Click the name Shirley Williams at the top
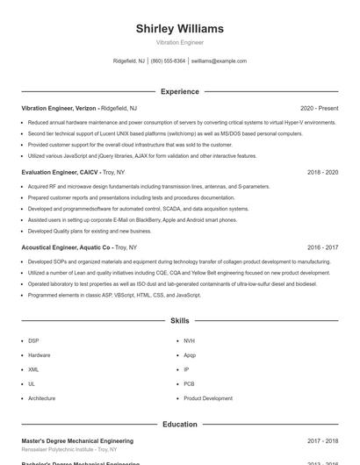[180, 28]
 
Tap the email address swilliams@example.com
[219, 61]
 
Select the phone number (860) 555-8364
[168, 61]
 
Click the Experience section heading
[180, 91]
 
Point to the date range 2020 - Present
[319, 108]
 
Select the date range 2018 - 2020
[322, 173]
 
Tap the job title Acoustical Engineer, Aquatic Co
[66, 247]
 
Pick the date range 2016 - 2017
[322, 247]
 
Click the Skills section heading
[180, 322]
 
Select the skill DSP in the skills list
[33, 340]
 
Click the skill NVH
[190, 340]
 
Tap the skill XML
[33, 369]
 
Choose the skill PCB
[189, 383]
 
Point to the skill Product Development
[208, 398]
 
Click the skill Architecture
[41, 398]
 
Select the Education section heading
[180, 425]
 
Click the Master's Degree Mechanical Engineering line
[77, 440]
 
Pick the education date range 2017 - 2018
[322, 440]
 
